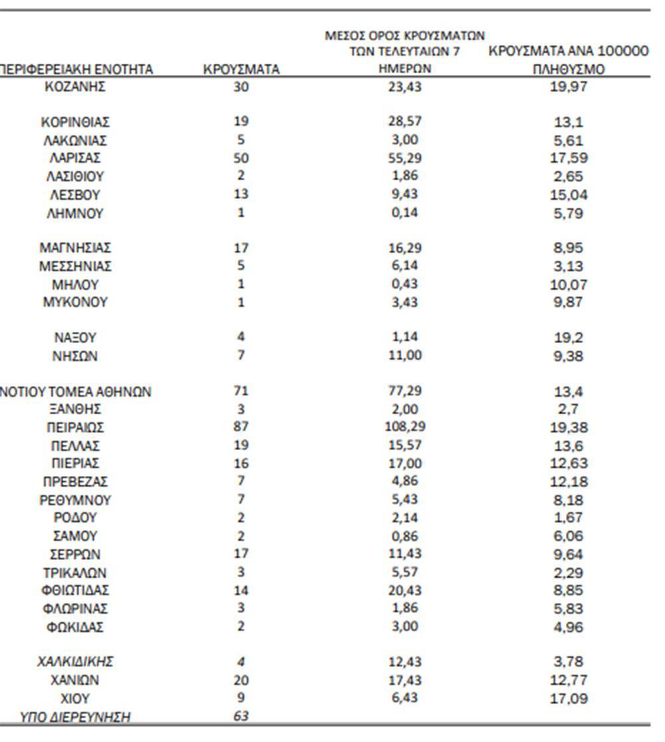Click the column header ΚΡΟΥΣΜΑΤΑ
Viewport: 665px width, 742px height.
(x=241, y=69)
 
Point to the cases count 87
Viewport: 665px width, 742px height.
(x=241, y=427)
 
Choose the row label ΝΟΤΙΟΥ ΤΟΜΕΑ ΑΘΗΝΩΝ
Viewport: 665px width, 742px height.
(x=76, y=392)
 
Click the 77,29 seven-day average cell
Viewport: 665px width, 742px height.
(x=404, y=390)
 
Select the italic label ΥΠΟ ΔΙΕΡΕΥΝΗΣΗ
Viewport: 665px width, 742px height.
(x=74, y=717)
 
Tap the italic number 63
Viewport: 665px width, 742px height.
(x=241, y=717)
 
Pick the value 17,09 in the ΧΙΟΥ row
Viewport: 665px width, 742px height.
(x=569, y=699)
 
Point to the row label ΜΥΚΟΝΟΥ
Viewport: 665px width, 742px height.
(x=74, y=303)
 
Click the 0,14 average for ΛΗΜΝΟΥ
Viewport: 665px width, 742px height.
(x=404, y=213)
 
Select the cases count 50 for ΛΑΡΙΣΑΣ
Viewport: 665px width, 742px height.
(x=241, y=158)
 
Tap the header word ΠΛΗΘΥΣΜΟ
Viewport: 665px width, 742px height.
(x=569, y=69)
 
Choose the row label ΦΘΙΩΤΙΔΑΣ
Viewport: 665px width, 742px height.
(x=74, y=590)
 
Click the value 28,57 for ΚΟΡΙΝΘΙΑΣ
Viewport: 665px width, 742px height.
(x=404, y=121)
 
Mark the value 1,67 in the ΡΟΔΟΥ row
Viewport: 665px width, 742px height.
(x=569, y=518)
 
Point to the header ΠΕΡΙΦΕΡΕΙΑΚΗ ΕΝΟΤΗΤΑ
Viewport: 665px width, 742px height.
(x=76, y=69)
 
